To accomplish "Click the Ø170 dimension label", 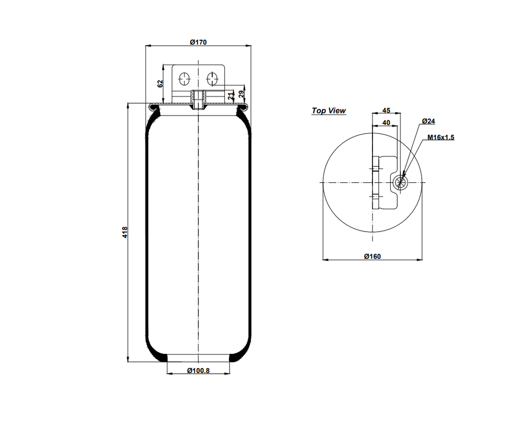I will tap(198, 42).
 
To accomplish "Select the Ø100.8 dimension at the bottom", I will tap(198, 370).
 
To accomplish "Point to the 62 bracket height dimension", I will tap(160, 83).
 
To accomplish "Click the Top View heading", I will tap(329, 110).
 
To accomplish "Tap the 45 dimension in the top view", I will tap(386, 110).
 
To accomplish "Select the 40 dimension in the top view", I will tap(386, 122).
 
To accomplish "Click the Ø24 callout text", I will tap(428, 121).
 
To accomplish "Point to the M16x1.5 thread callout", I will tap(441, 137).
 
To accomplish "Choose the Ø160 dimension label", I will tap(372, 256).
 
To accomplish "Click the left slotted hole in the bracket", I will tap(184, 79).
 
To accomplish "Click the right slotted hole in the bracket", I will tap(212, 79).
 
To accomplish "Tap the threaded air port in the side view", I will tap(198, 100).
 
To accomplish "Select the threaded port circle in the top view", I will tap(400, 182).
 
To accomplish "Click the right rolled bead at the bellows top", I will tap(243, 107).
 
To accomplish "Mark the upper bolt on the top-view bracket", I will tap(375, 169).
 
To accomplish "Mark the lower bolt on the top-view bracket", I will tap(375, 197).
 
